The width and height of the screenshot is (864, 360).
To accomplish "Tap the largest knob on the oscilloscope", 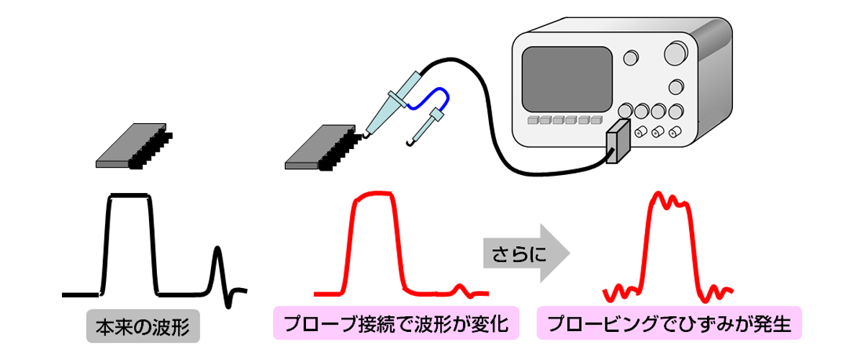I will click(x=677, y=52).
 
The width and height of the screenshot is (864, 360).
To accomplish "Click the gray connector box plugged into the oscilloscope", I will click(x=617, y=143).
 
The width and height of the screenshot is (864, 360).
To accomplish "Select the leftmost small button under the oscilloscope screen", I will click(x=534, y=120).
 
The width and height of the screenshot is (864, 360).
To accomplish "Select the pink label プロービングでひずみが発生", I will click(x=669, y=324).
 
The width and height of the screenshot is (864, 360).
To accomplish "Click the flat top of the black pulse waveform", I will click(x=130, y=195).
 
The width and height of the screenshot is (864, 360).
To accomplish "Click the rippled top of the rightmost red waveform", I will click(x=670, y=199).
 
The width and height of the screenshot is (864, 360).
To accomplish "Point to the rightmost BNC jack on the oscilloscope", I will click(x=675, y=132).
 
